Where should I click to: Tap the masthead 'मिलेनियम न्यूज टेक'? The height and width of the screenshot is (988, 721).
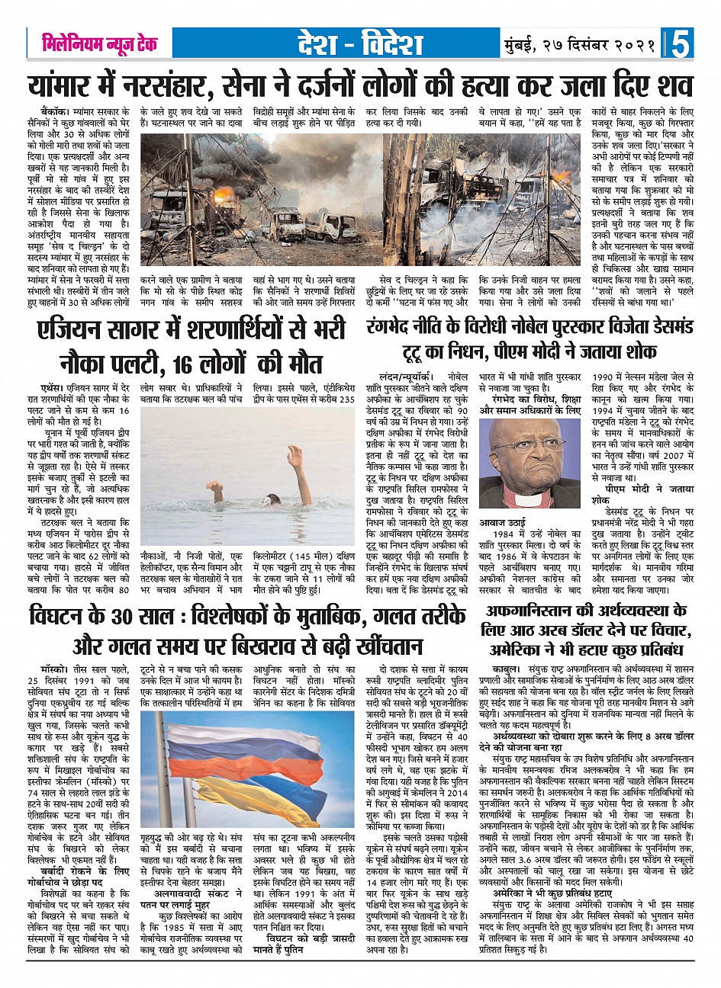100,44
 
